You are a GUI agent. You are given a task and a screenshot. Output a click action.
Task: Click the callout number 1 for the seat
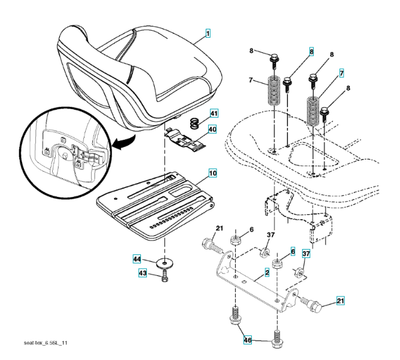[208, 34]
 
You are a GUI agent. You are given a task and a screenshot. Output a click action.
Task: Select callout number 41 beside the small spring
[214, 113]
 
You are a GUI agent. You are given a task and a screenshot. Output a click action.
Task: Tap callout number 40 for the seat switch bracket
[212, 129]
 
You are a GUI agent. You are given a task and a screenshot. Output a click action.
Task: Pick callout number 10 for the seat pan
[213, 173]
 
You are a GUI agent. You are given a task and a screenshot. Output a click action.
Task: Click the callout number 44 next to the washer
[137, 259]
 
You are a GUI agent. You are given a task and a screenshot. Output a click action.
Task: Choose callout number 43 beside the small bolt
[143, 273]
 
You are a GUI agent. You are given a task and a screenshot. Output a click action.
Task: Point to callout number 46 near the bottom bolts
[248, 340]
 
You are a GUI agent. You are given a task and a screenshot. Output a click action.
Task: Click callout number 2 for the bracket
[267, 272]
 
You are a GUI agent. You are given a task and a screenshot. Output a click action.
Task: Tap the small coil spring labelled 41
[195, 123]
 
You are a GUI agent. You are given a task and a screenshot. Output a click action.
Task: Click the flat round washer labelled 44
[164, 263]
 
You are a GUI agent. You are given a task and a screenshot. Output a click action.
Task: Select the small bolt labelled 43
[165, 277]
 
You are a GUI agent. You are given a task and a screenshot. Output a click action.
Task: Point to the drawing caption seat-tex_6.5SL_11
[46, 343]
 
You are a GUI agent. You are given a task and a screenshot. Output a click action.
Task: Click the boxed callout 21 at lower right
[340, 301]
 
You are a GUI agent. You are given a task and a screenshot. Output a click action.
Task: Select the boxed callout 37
[306, 254]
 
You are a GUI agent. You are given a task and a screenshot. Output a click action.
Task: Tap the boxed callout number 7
[342, 73]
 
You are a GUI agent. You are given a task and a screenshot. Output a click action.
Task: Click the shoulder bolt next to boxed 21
[312, 304]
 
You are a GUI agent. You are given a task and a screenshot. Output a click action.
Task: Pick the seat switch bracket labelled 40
[185, 140]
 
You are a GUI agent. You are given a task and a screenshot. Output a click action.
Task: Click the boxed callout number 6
[293, 252]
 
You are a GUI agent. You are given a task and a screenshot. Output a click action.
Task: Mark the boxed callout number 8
[311, 52]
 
